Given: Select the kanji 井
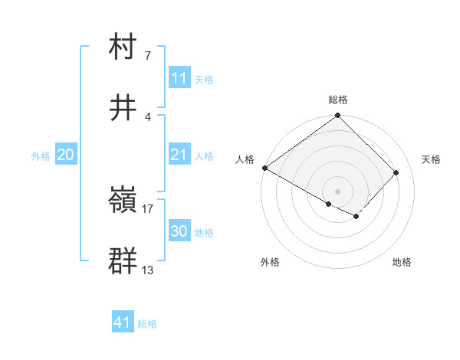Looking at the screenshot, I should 123,108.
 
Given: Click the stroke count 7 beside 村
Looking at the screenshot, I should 148,55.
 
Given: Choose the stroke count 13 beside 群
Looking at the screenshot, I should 148,270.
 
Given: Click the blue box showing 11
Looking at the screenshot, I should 179,78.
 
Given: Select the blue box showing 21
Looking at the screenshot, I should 179,155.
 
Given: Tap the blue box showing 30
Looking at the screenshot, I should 179,231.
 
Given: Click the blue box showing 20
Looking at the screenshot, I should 65,155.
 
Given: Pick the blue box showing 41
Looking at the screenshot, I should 123,323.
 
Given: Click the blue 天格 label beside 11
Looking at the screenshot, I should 204,79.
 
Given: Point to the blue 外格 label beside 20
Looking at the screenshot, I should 41,155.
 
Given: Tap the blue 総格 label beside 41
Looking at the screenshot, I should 147,324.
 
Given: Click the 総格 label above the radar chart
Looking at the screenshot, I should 338,100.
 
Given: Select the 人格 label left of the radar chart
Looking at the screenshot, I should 244,159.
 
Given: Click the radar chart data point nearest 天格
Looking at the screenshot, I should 396,172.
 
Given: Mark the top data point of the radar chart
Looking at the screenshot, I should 338,116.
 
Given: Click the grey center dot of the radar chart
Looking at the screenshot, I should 338,191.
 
